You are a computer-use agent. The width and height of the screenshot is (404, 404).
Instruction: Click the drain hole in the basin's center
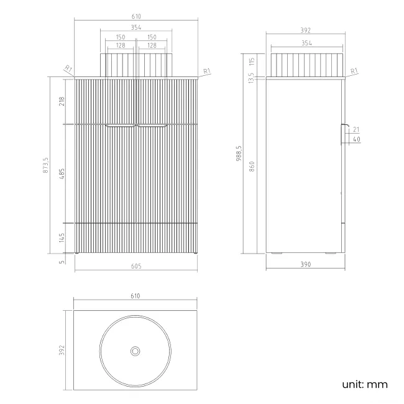[135, 351]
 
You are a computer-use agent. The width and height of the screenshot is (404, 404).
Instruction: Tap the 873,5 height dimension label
[45, 165]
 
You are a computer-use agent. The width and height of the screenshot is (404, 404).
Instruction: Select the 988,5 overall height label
[239, 154]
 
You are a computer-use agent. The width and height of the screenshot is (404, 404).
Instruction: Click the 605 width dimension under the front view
[136, 266]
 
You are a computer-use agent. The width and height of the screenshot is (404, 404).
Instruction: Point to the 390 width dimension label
[306, 264]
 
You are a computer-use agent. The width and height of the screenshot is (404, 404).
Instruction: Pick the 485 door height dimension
[62, 173]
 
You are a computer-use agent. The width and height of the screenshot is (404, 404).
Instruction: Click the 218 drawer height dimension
[62, 101]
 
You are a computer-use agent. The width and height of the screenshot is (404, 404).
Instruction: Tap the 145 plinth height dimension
[62, 237]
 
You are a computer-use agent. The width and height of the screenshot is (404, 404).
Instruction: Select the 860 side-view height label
[252, 167]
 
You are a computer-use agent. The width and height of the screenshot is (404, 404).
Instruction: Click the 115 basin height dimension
[252, 62]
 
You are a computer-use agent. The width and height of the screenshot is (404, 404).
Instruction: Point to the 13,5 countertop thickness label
[251, 78]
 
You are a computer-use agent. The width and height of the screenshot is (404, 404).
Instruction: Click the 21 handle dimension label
[356, 129]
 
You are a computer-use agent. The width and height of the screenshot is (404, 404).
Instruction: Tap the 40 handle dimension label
[357, 139]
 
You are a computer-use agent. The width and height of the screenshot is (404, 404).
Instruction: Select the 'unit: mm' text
[365, 385]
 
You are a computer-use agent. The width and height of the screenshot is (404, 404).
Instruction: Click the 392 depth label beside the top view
[62, 350]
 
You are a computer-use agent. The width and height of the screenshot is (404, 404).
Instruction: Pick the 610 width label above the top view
[135, 296]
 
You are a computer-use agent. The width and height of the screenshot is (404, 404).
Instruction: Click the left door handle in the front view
[121, 126]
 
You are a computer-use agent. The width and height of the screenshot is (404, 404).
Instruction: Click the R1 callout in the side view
[354, 71]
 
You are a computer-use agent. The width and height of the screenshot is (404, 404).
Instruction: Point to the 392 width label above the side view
[306, 30]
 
